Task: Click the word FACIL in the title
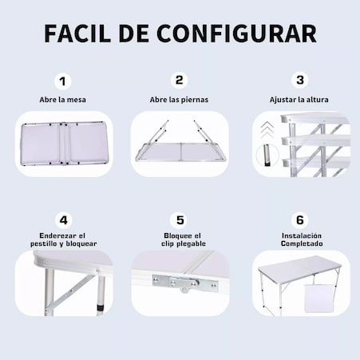(77, 34)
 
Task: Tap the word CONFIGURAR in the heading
(237, 34)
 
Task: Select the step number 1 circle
(62, 81)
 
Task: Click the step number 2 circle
(179, 80)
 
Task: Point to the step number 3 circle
(300, 80)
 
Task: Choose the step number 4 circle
(63, 220)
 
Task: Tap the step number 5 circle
(180, 220)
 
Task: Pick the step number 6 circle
(300, 220)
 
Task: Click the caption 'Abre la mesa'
(62, 100)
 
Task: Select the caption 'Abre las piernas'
(179, 100)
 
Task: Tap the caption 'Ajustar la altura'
(299, 100)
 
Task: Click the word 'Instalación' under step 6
(302, 235)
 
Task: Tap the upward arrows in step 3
(267, 130)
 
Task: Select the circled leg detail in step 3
(267, 155)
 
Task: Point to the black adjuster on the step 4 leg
(101, 308)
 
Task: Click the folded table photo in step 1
(64, 144)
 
